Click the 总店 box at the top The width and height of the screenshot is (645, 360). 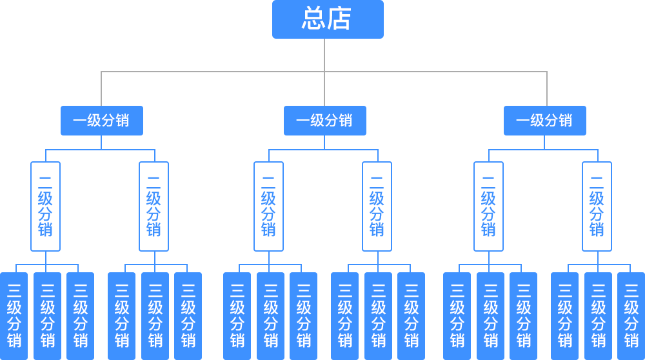coord(328,19)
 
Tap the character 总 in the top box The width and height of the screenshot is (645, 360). coord(313,19)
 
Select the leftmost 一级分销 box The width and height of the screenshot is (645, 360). coord(101,121)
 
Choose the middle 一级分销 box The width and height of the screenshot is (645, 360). coord(324,121)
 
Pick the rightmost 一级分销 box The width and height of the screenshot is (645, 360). coord(544,121)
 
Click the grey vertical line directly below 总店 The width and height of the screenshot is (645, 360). coord(324,55)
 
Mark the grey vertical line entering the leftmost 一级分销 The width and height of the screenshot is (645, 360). coord(101,88)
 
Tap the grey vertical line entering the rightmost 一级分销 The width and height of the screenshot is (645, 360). coord(546,88)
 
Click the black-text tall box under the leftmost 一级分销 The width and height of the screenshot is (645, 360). coord(46,206)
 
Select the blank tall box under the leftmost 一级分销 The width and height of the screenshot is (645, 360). coord(154,206)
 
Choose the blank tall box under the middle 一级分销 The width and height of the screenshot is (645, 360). coord(268,206)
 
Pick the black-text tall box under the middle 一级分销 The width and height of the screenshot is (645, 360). coord(377,206)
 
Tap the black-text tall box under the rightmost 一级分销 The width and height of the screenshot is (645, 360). coord(488,206)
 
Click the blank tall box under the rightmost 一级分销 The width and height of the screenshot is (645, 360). coord(597,206)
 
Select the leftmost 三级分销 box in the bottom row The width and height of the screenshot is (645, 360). coord(14,315)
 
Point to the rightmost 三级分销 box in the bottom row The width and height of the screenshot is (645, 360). coord(631,315)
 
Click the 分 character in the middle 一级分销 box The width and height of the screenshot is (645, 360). coord(331,121)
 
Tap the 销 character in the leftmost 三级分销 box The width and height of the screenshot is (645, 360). coord(14,340)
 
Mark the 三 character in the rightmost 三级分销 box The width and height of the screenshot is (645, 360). coord(631,290)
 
